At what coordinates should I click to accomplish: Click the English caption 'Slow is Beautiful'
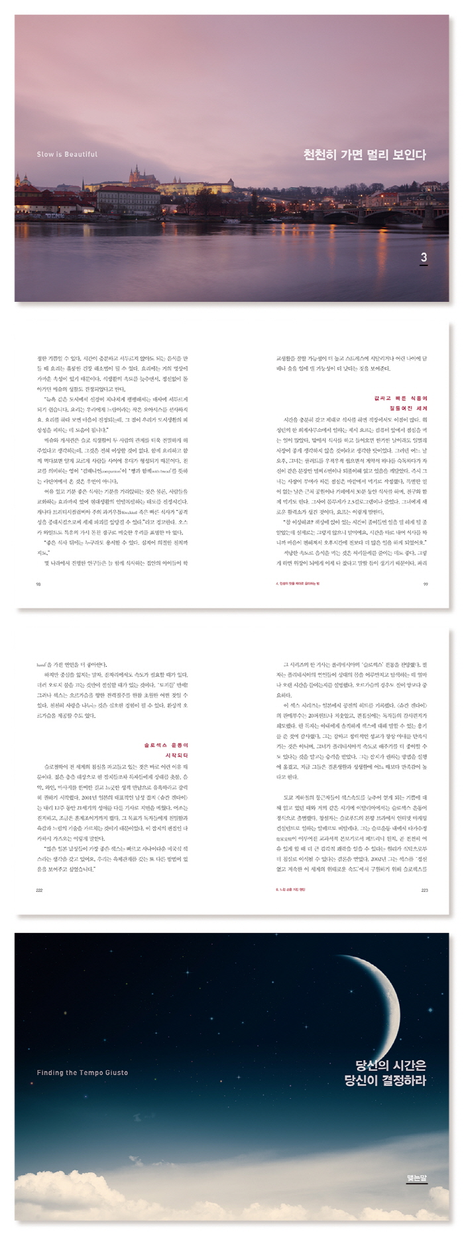click(x=67, y=155)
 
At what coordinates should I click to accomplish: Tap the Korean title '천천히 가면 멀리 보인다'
click(x=364, y=155)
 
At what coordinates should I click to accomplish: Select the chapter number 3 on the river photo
click(x=424, y=257)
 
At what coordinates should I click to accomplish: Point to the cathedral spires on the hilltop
click(x=137, y=175)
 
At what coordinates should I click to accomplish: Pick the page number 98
click(x=38, y=584)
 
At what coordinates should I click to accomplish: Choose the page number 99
click(x=426, y=584)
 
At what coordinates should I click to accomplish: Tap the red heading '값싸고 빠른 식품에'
click(x=401, y=399)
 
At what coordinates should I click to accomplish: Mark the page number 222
click(x=39, y=890)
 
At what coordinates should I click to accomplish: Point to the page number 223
click(x=425, y=890)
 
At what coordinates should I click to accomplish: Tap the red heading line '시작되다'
click(x=176, y=756)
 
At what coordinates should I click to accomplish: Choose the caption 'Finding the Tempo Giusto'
click(x=82, y=1073)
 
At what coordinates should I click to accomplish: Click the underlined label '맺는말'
click(x=416, y=1178)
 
